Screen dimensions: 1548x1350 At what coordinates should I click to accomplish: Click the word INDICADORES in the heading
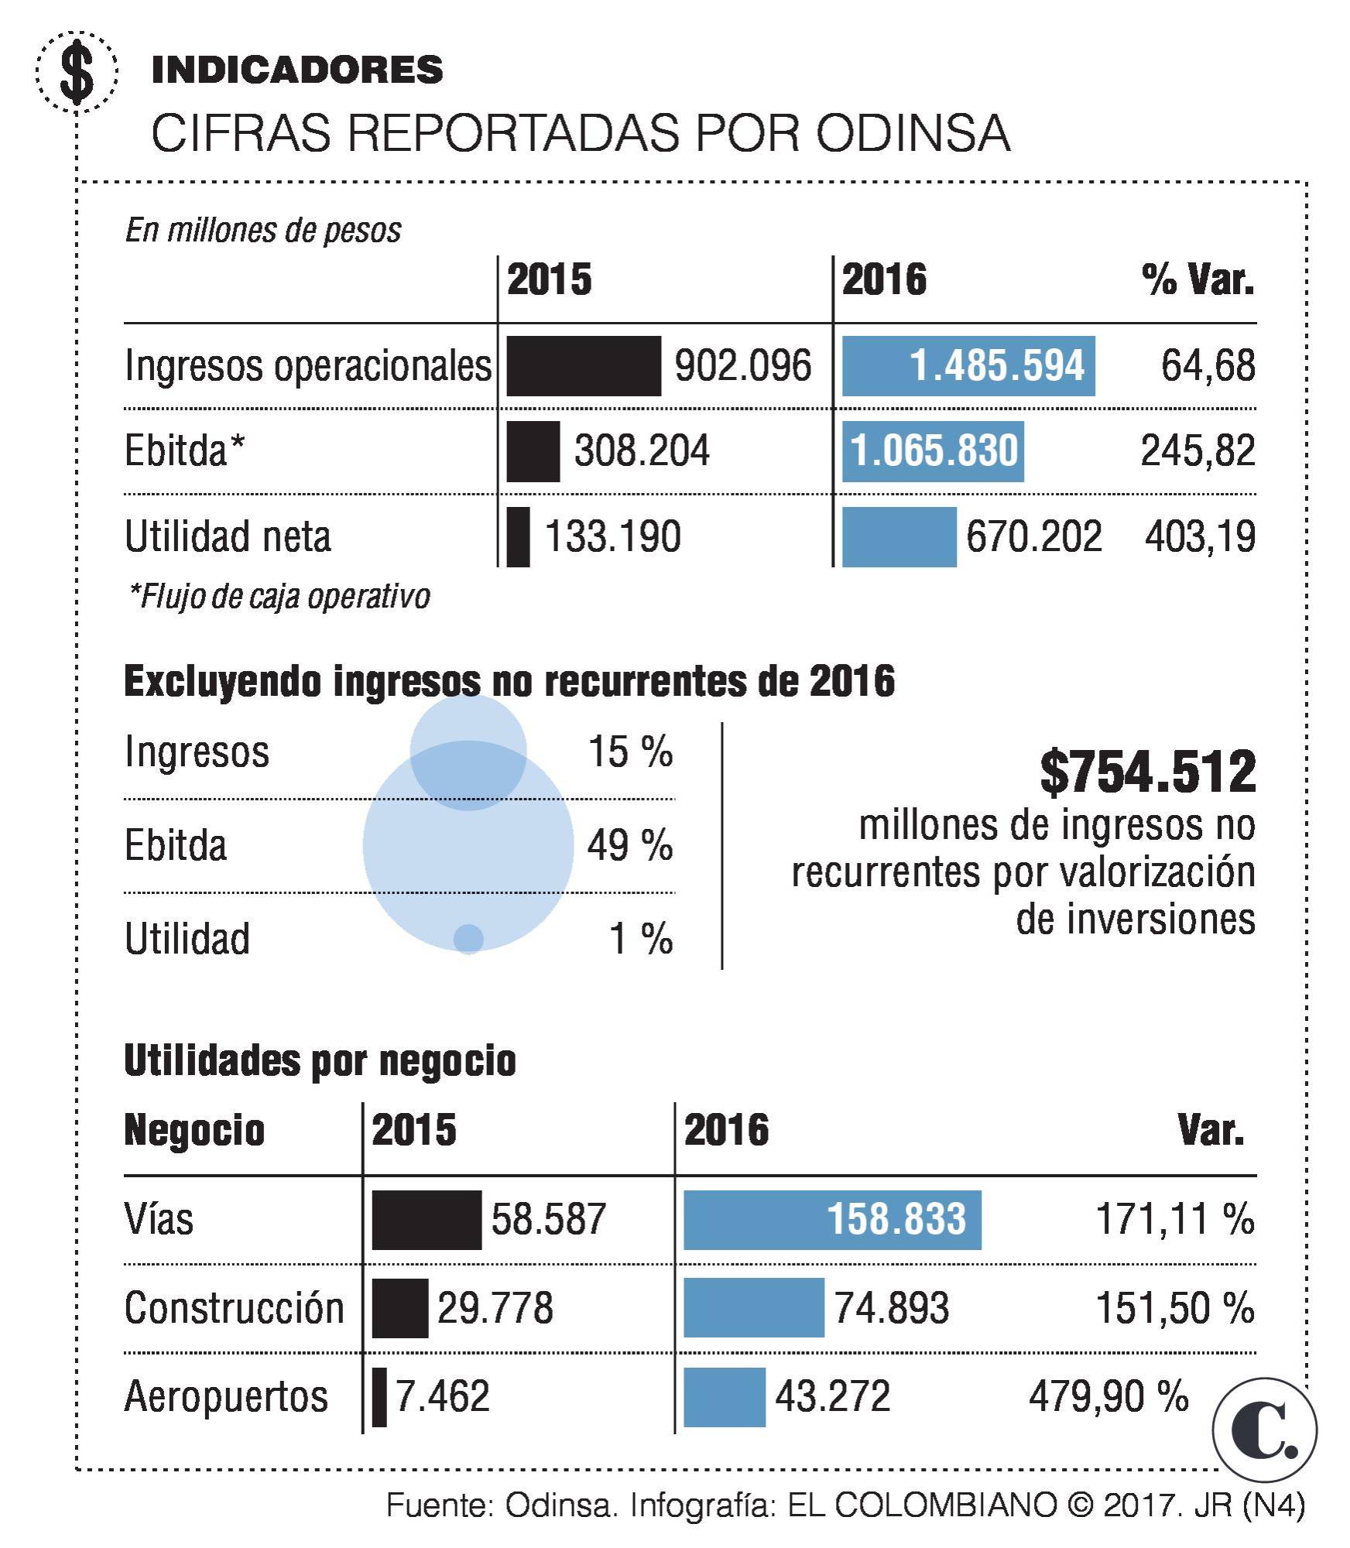click(x=297, y=70)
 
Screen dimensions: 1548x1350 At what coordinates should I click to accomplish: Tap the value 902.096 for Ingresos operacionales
click(x=742, y=365)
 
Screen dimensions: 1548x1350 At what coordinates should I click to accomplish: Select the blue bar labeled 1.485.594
click(x=968, y=366)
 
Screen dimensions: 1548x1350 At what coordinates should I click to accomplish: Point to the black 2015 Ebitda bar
click(x=533, y=451)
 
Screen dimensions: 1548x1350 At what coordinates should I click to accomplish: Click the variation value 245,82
click(x=1197, y=451)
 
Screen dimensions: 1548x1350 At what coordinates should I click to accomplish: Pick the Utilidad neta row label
click(x=228, y=536)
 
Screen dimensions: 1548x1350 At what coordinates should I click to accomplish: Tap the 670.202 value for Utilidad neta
click(x=1033, y=536)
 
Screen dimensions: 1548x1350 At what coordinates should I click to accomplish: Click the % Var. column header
click(x=1197, y=280)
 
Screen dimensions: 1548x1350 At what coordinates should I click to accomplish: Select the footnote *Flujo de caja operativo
click(x=279, y=597)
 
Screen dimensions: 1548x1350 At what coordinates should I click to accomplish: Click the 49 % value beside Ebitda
click(x=629, y=845)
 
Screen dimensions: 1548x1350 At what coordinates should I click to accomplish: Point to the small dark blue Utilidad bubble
click(x=468, y=938)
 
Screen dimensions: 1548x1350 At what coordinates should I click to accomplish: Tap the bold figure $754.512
click(x=1146, y=772)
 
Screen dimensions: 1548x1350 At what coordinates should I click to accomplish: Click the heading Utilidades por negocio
click(x=320, y=1060)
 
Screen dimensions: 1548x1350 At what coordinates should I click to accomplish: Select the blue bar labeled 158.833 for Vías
click(x=831, y=1220)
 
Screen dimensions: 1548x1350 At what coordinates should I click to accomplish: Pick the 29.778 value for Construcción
click(x=495, y=1308)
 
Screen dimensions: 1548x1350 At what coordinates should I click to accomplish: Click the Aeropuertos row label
click(x=226, y=1397)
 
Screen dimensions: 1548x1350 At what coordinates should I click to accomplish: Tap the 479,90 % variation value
click(x=1108, y=1397)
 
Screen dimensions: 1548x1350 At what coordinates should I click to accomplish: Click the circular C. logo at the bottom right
click(x=1264, y=1430)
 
